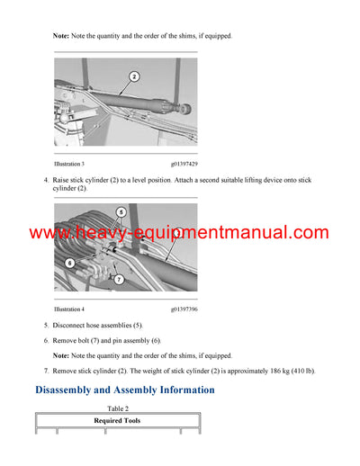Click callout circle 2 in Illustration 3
[x=133, y=77]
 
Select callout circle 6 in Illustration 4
[x=69, y=263]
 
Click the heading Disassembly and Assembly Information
[x=124, y=390]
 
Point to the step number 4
[x=46, y=181]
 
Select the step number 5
[x=46, y=324]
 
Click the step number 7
[x=46, y=372]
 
